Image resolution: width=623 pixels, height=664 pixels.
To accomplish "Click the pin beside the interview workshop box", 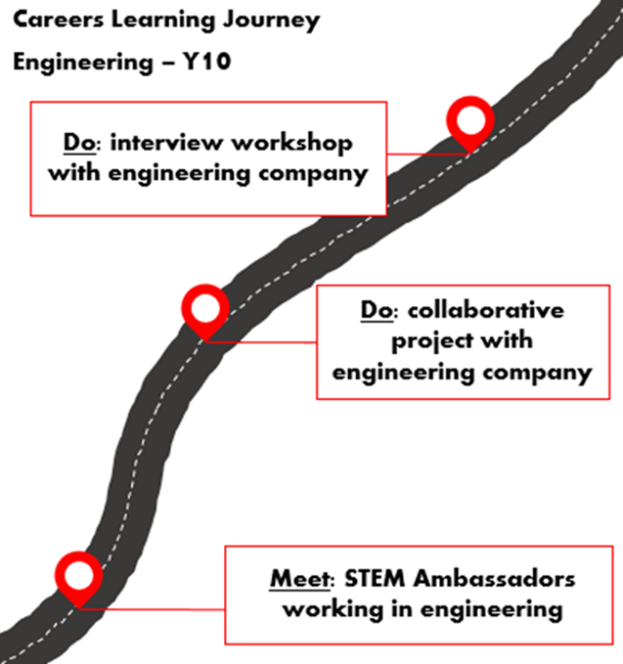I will click(x=471, y=121).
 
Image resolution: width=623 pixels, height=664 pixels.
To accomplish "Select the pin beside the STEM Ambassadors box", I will click(x=78, y=575).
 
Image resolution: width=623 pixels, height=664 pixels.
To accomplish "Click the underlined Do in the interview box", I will click(x=75, y=143).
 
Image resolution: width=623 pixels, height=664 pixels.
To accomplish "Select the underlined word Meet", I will click(x=297, y=578).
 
